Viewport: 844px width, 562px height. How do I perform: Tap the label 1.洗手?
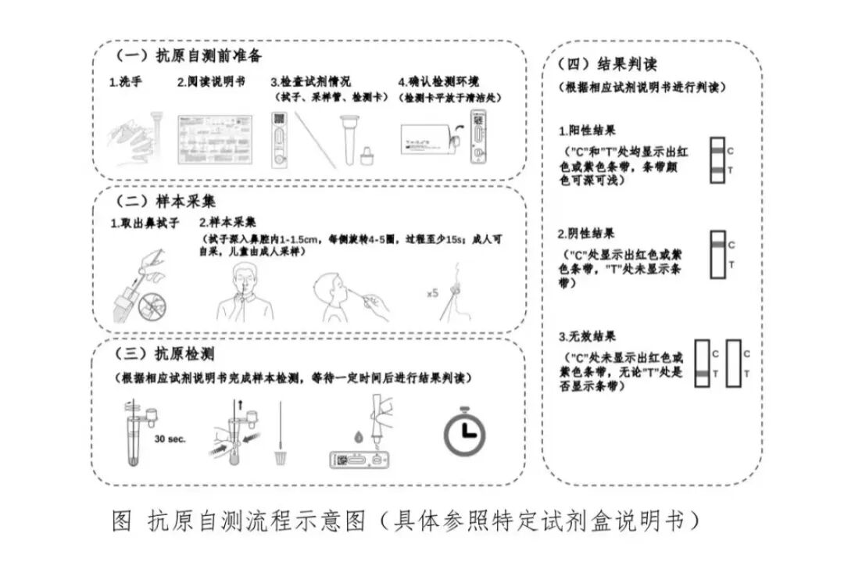click(125, 82)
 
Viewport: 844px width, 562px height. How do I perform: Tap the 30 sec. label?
click(170, 439)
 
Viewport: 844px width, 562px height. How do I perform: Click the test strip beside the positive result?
click(717, 160)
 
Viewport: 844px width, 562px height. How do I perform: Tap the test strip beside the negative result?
click(717, 255)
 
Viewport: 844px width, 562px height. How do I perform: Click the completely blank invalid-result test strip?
click(733, 363)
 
